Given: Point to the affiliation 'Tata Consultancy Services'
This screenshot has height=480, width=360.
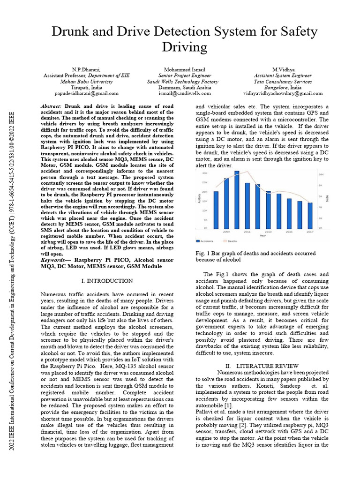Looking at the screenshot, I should point(283,81).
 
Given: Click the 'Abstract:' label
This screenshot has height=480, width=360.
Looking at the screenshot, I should point(52,107).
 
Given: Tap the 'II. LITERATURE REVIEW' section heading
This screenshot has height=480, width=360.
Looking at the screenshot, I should point(262,365).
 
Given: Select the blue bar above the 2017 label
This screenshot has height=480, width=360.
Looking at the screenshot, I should point(310,215).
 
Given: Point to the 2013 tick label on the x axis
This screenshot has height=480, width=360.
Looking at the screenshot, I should point(268,232).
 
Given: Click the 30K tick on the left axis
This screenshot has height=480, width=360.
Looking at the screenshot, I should point(204,172).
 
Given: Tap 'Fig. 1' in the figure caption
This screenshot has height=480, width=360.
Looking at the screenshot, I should point(202,253).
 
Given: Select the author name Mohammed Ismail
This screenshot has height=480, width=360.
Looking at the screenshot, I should point(185,69).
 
